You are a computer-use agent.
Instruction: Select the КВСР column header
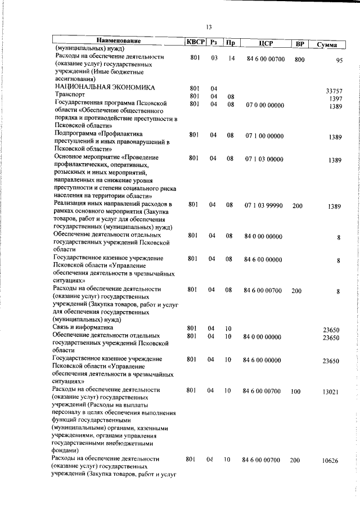click(x=195, y=42)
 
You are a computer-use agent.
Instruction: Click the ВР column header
click(x=300, y=43)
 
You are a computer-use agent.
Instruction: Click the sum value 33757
click(x=334, y=91)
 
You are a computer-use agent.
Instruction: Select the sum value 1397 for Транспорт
click(x=336, y=98)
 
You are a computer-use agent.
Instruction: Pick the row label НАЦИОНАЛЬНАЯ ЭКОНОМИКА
click(x=105, y=88)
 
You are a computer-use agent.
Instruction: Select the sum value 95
click(x=339, y=62)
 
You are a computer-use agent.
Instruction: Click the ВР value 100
click(x=296, y=390)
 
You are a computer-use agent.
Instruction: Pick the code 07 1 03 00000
click(x=264, y=159)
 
